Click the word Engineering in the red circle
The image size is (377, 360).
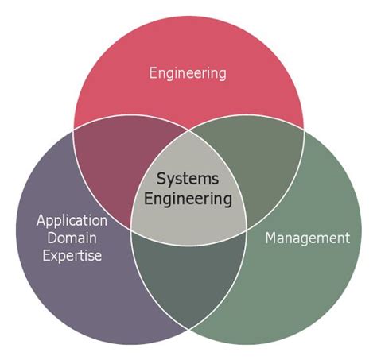188,73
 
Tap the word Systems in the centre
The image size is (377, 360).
187,179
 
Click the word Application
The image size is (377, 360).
72,220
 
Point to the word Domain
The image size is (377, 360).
72,238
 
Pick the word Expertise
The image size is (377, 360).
72,256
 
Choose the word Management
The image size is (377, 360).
307,238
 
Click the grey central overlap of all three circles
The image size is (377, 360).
188,191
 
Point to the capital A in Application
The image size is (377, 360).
41,220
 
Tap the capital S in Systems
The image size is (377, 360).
160,179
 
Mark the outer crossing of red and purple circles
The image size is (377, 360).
74,129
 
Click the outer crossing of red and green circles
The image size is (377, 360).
303,129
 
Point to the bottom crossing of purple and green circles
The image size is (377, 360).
188,327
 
